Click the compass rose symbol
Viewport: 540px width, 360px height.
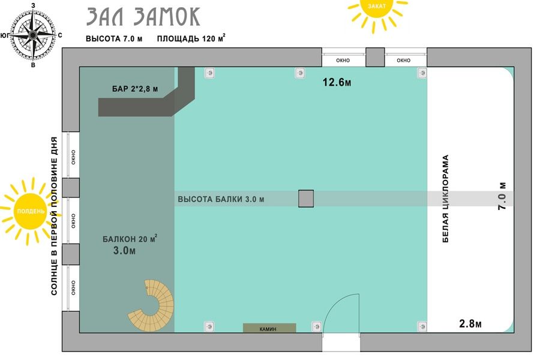pos(33,35)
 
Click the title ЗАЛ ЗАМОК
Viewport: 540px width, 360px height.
pos(143,17)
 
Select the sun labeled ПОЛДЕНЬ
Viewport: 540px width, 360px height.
pos(31,211)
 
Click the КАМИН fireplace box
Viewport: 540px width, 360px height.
pos(269,328)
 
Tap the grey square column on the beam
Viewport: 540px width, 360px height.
pos(306,199)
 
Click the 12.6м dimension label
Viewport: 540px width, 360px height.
pos(337,82)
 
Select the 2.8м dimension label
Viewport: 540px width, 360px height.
pos(470,324)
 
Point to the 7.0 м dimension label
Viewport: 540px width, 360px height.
pos(502,196)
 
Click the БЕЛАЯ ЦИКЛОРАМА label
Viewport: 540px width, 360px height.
pos(445,199)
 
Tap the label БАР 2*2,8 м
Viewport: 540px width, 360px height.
pos(135,89)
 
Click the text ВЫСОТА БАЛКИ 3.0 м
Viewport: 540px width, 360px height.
pos(221,199)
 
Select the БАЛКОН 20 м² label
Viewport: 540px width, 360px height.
pos(130,238)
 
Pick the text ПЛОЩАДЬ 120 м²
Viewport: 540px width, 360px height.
pos(191,38)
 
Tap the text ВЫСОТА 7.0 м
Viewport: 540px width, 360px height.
pos(114,38)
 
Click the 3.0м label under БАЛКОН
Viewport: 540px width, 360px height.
pos(124,250)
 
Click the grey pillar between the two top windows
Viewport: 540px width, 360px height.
pos(375,57)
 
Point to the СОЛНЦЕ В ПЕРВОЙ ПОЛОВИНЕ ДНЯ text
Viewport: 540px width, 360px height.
pos(55,216)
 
